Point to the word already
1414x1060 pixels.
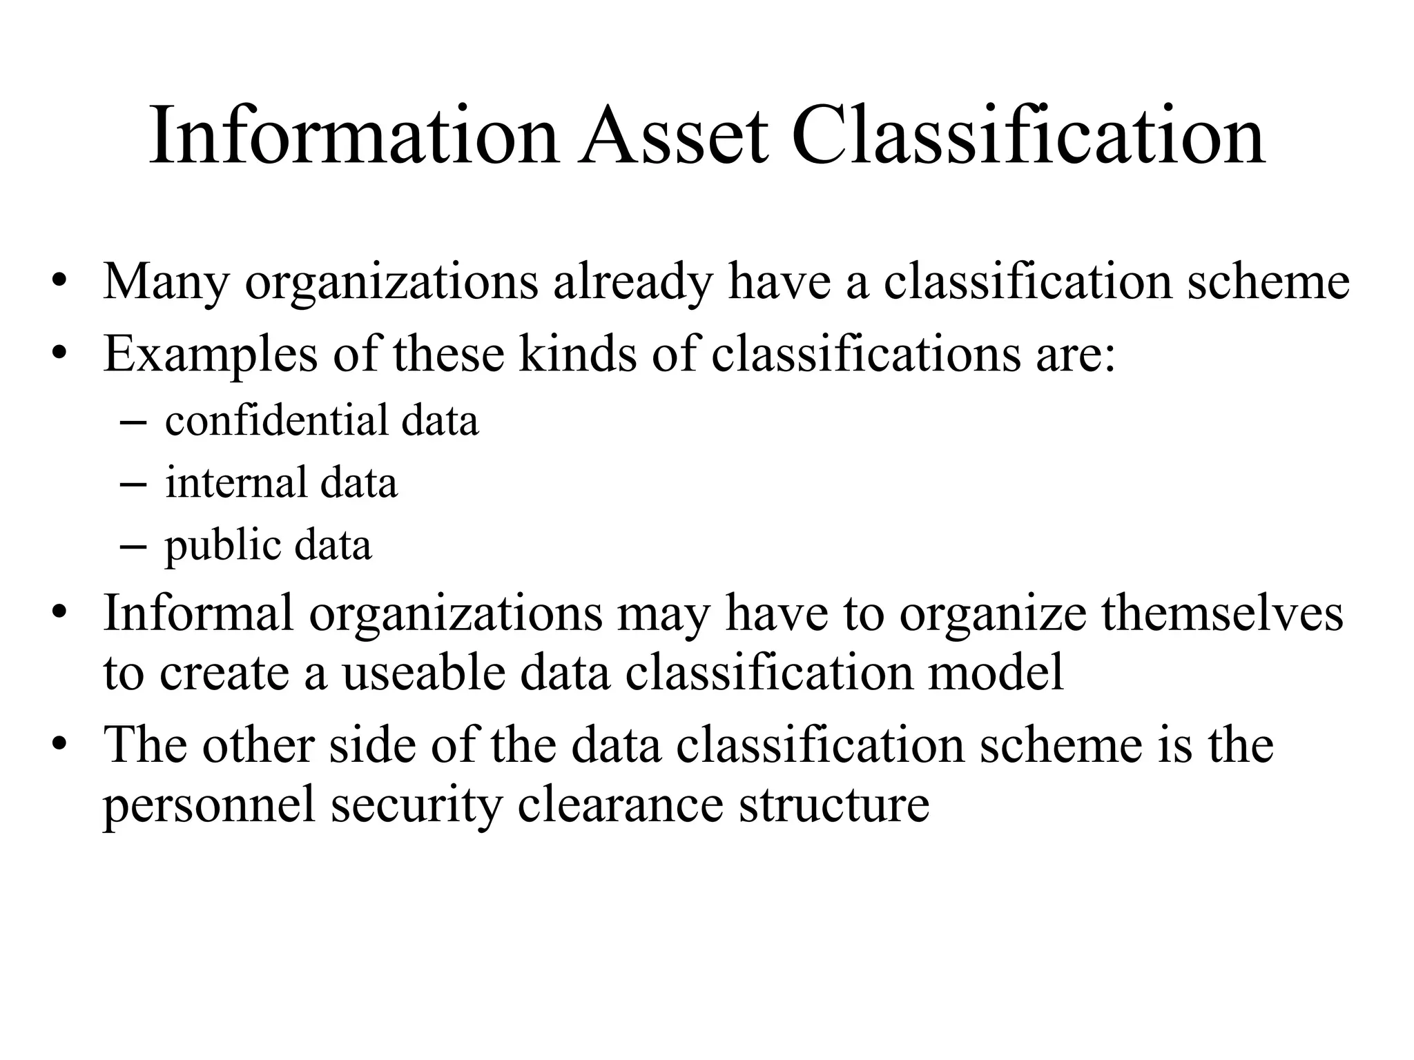(632, 282)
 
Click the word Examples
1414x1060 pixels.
(211, 355)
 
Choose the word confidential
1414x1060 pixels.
(276, 420)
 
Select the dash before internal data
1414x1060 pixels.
(133, 484)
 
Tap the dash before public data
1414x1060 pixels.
(133, 546)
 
